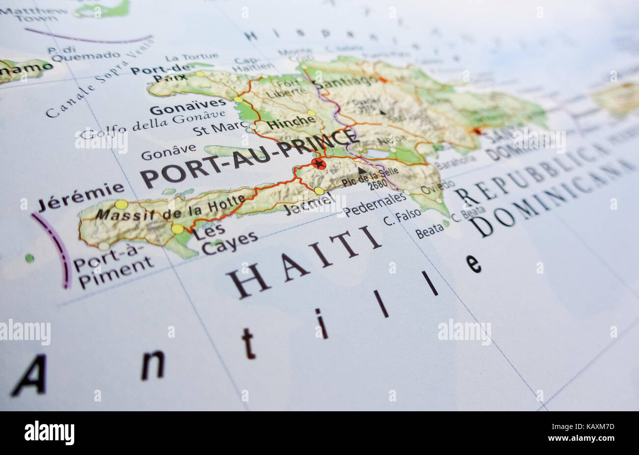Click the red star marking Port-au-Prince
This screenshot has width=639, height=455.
[x=319, y=164]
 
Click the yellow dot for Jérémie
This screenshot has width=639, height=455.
[x=121, y=204]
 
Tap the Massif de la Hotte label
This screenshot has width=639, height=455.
[x=170, y=208]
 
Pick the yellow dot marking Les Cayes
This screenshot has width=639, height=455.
[x=177, y=229]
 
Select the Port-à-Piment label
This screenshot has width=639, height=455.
[x=113, y=267]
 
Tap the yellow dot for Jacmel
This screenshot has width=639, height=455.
[x=319, y=191]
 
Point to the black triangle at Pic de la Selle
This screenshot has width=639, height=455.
[x=362, y=171]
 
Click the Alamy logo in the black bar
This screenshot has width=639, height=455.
[x=49, y=433]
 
